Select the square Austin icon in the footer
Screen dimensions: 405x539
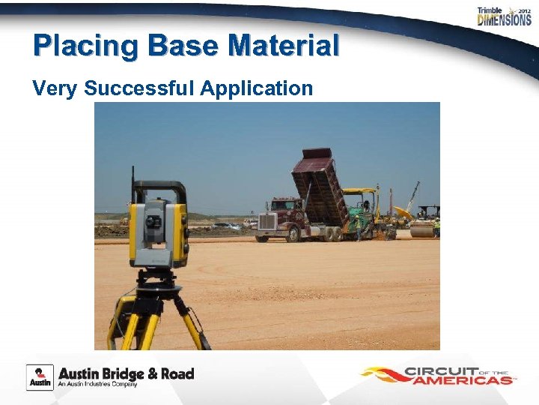point(40,376)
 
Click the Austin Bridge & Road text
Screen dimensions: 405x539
point(126,373)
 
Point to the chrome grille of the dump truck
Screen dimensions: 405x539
point(267,221)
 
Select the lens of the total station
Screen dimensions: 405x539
point(153,222)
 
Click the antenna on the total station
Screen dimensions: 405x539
point(133,184)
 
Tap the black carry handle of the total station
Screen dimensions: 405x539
point(159,186)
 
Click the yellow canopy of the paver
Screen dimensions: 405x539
point(359,191)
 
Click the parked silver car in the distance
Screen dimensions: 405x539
point(225,226)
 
